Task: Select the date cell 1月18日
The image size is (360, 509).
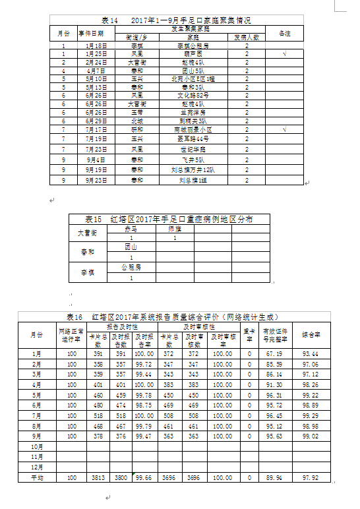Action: [96, 46]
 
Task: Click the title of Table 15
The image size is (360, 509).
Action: [169, 219]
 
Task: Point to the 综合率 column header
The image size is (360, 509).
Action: [311, 335]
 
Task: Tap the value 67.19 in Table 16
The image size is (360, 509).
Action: [272, 353]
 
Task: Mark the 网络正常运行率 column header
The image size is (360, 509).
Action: [72, 335]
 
